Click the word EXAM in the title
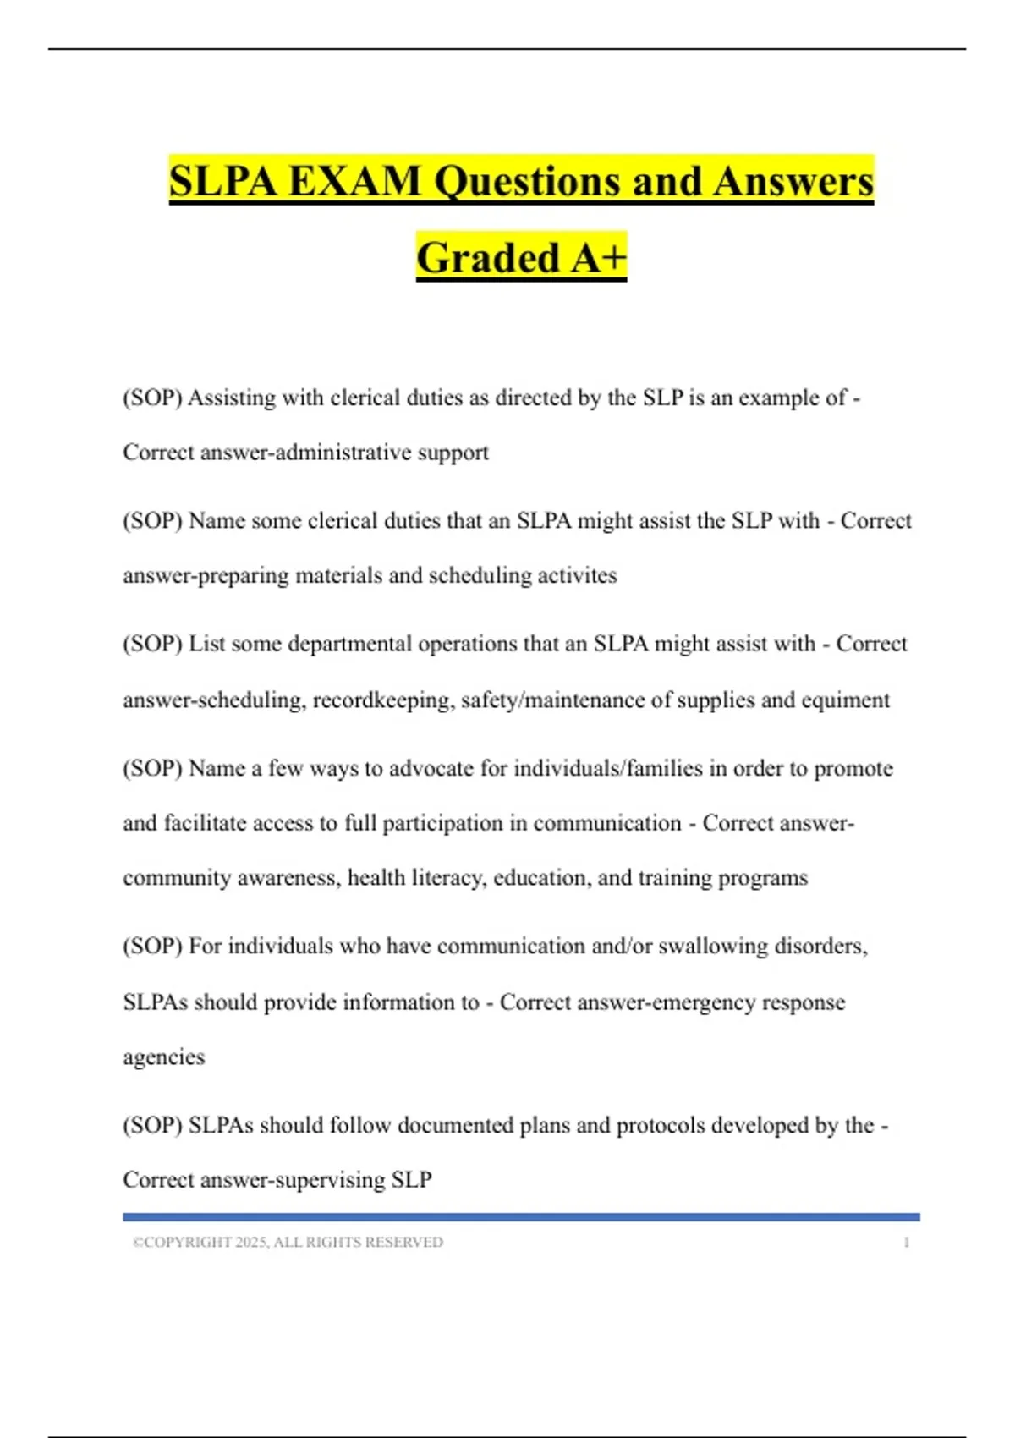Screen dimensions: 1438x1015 click(354, 181)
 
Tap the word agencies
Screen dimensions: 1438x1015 click(164, 1057)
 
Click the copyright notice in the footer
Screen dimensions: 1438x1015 click(288, 1242)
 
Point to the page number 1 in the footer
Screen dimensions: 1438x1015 click(906, 1242)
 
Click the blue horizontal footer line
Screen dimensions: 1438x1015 click(521, 1217)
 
